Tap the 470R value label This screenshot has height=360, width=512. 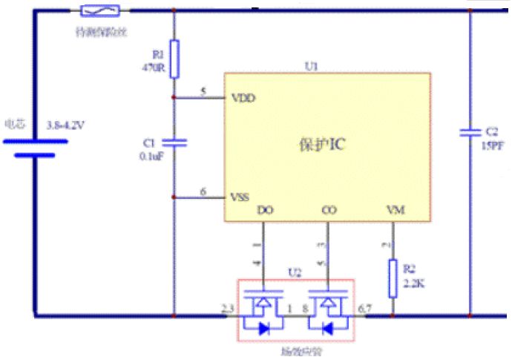151,67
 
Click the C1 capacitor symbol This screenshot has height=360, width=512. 174,141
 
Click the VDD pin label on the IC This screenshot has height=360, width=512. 244,97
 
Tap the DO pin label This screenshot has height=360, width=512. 264,211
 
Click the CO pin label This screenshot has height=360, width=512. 329,211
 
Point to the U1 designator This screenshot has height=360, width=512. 311,66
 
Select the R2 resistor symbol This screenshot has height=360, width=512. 394,278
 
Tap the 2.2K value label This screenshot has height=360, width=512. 414,284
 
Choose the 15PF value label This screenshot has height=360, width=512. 493,144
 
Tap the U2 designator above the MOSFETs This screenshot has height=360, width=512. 295,272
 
